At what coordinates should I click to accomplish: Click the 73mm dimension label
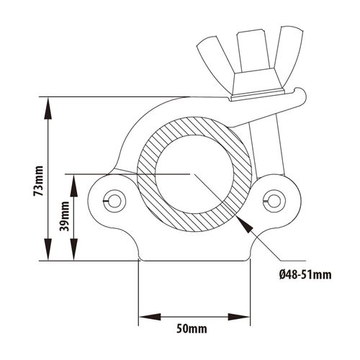pyautogui.click(x=39, y=181)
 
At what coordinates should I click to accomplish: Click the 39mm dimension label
pyautogui.click(x=65, y=216)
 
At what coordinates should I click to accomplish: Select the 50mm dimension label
pyautogui.click(x=192, y=328)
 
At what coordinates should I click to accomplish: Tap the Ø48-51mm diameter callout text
pyautogui.click(x=305, y=274)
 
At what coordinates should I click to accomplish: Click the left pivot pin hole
pyautogui.click(x=114, y=201)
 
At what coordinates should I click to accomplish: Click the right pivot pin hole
pyautogui.click(x=274, y=201)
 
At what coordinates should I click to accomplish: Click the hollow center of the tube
pyautogui.click(x=194, y=174)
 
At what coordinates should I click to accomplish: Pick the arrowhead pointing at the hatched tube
pyautogui.click(x=245, y=225)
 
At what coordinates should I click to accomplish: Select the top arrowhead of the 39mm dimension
pyautogui.click(x=73, y=185)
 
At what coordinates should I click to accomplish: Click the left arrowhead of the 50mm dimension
pyautogui.click(x=150, y=317)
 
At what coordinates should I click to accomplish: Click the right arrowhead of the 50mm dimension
pyautogui.click(x=239, y=317)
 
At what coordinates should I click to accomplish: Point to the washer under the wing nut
pyautogui.click(x=257, y=96)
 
